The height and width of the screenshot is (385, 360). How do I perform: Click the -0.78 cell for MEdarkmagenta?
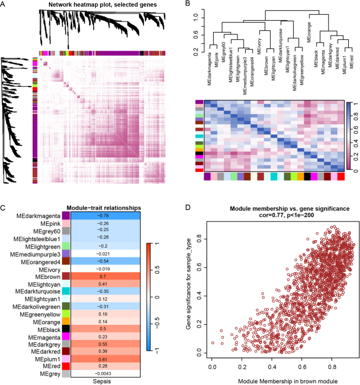(104, 199)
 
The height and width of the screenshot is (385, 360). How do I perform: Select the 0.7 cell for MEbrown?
(104, 277)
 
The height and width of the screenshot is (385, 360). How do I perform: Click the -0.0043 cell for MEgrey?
(104, 374)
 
